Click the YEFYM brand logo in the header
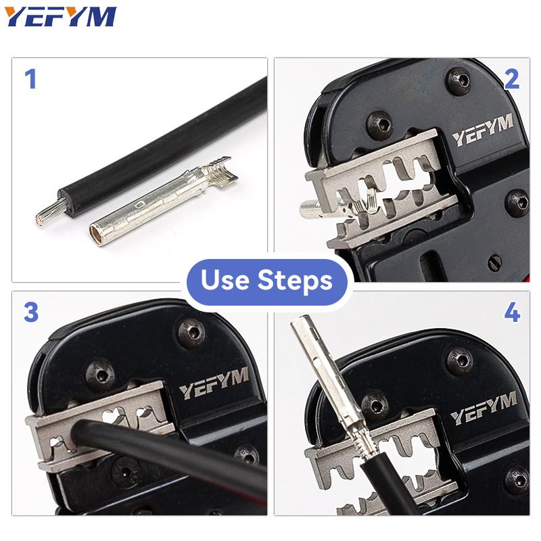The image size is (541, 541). [x=62, y=17]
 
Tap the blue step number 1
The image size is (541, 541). [x=30, y=80]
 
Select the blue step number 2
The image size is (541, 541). [x=511, y=80]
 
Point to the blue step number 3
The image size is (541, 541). [x=31, y=314]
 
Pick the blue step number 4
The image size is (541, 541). [x=511, y=314]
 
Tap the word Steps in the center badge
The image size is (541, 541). [x=295, y=280]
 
